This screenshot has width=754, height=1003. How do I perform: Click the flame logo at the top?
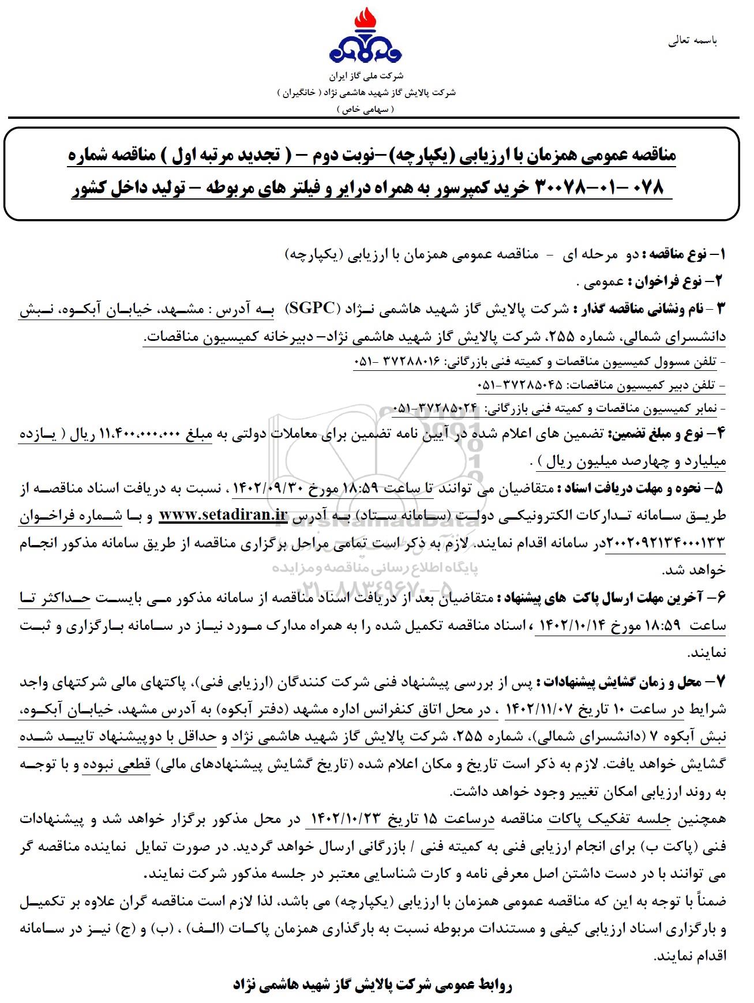pos(366,37)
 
